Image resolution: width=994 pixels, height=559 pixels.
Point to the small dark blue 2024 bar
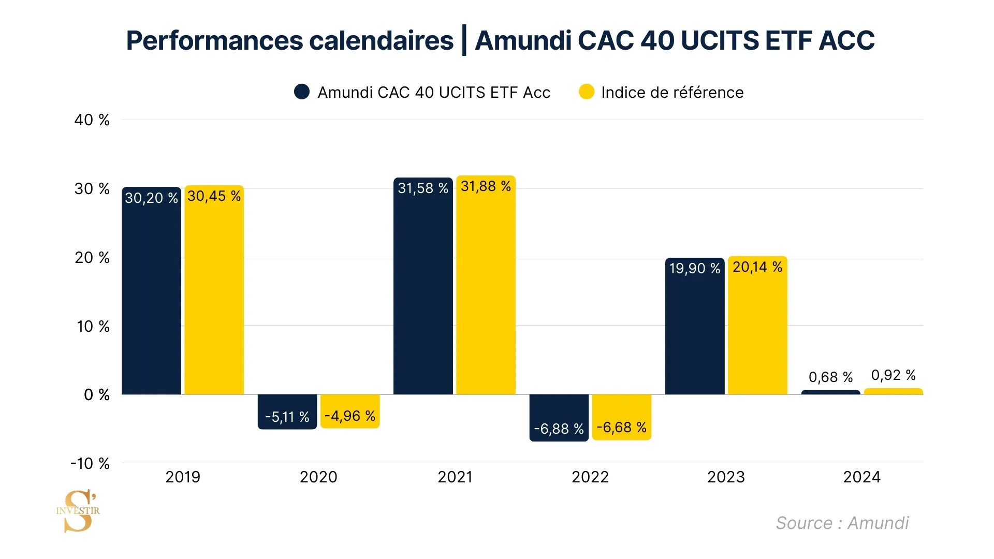830,392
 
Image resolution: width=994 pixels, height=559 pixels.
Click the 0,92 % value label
893,375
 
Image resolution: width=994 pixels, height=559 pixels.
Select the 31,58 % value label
422,188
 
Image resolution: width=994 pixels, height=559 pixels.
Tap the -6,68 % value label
621,428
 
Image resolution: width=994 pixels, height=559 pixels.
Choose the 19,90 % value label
694,269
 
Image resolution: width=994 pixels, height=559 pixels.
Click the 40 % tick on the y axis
92,120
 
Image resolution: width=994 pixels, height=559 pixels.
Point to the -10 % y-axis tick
90,463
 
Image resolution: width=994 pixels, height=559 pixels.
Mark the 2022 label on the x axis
590,477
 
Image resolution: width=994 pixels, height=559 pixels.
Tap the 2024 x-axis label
861,477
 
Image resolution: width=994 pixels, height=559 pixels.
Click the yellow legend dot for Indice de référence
587,92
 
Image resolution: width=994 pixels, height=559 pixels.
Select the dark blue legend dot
302,92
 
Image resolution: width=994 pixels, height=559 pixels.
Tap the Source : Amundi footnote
842,523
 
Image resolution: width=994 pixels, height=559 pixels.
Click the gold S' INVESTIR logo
78,511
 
